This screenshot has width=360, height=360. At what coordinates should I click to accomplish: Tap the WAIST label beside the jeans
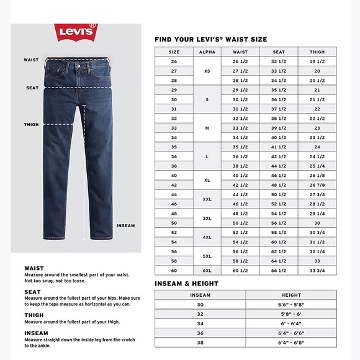point(32,60)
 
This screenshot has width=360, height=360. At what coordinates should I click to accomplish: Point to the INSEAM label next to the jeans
point(125,225)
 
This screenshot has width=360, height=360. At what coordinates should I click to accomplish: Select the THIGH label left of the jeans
point(32,125)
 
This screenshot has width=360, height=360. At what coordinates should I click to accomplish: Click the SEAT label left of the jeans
point(33,88)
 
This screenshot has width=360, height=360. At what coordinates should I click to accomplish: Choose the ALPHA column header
point(207,52)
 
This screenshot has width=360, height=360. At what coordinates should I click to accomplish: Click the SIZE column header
point(174,52)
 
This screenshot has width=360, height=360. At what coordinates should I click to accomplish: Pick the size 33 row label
point(174,128)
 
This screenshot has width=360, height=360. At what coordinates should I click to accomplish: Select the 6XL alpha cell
point(207,271)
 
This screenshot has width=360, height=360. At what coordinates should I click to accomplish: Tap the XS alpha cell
point(207,71)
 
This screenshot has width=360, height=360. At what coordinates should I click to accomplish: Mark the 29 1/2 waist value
point(240,90)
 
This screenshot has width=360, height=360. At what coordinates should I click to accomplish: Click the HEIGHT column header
point(291,295)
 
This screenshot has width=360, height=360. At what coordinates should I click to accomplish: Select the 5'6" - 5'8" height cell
point(291,305)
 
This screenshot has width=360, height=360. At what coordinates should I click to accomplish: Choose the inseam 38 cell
point(200,342)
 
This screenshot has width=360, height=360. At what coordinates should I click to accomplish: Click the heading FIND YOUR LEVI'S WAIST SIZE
point(211,39)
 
